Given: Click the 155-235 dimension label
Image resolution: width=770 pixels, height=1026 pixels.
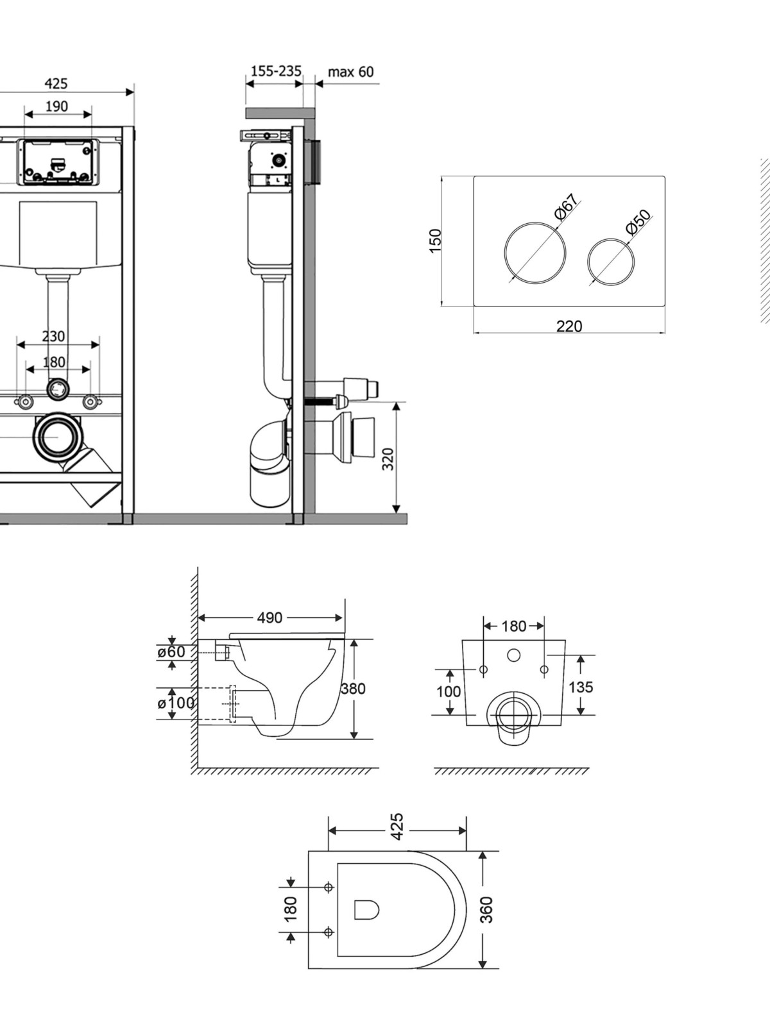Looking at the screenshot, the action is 277,71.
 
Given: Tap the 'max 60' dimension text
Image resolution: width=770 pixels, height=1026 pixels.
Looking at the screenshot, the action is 350,72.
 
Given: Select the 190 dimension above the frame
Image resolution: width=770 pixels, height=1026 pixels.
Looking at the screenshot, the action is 56,106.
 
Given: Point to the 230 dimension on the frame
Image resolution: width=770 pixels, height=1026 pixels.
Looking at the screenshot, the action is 54,336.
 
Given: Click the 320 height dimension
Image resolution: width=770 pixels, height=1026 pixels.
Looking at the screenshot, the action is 388,458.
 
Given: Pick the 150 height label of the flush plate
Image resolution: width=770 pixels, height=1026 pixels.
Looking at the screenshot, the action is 435,241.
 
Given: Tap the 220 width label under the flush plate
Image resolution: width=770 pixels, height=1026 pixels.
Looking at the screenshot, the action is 569,326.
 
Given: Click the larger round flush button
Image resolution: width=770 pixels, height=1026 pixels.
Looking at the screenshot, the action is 535,253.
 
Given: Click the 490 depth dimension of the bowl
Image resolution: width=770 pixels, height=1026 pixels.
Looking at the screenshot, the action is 269,618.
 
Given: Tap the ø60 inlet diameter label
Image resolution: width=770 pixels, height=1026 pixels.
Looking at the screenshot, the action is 171,651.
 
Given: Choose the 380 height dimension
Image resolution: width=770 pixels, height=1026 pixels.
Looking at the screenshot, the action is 353,689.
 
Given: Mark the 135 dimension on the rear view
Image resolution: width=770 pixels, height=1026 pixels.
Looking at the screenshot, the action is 581,687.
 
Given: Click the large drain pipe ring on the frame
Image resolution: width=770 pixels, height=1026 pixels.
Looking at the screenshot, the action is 57,437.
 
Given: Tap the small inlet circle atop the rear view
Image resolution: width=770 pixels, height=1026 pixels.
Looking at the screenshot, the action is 514,656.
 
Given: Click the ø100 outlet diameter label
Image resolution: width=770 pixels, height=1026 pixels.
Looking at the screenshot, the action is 176,703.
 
